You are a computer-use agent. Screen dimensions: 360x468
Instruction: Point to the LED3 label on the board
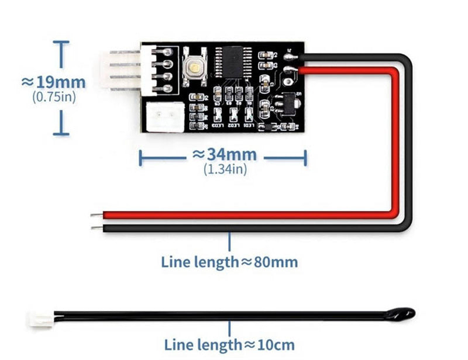click(218, 126)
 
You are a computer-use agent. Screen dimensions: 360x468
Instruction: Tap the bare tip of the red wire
click(95, 216)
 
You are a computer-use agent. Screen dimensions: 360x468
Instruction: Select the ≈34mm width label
click(225, 155)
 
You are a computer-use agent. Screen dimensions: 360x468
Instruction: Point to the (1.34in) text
click(225, 169)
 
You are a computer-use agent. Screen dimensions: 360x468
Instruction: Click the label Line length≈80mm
click(229, 262)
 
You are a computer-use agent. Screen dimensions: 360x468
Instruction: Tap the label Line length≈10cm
click(229, 345)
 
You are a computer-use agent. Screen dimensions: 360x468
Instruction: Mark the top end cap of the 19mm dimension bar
click(60, 41)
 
